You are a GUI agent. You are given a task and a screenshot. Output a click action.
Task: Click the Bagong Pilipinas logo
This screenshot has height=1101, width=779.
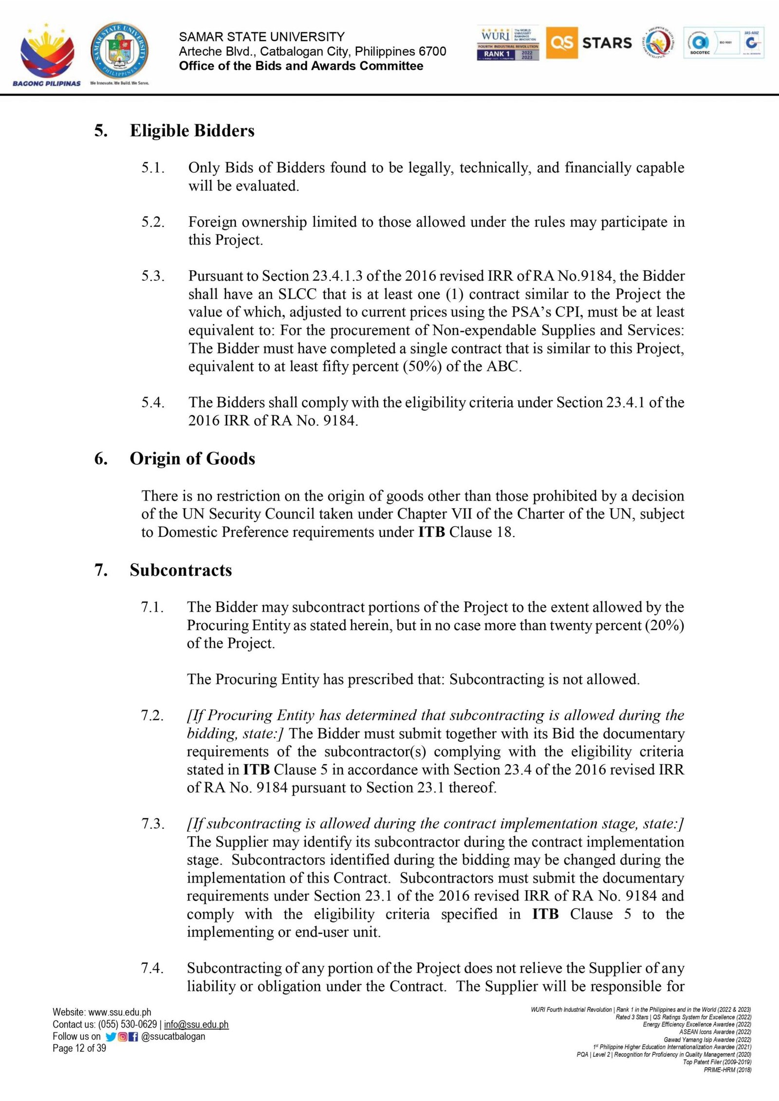pos(47,54)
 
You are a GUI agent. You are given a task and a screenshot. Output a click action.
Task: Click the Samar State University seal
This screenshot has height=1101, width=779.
pos(119,52)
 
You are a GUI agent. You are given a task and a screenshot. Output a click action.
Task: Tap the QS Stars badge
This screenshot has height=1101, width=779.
pos(590,43)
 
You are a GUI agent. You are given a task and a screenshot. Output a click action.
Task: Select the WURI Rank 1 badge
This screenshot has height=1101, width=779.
pos(508,43)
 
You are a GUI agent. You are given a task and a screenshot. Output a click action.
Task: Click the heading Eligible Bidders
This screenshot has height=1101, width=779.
pos(192,130)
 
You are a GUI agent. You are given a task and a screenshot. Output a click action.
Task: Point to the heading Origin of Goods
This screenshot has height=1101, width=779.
pos(192,459)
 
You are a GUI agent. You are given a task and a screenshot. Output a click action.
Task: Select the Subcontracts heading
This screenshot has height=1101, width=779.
pos(181,570)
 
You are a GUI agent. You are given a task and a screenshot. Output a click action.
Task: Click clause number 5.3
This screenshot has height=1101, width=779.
pos(153,276)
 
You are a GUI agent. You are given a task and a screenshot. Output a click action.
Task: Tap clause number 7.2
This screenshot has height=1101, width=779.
pos(152,715)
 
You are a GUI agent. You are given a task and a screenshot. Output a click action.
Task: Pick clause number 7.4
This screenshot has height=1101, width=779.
pos(152,968)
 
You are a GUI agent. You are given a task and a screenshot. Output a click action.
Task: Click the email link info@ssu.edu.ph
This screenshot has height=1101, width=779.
pos(196,1025)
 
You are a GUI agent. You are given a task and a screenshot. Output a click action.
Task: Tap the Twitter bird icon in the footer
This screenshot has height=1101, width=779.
pos(111,1036)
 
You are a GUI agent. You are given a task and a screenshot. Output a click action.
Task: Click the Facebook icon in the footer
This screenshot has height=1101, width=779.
pos(133,1036)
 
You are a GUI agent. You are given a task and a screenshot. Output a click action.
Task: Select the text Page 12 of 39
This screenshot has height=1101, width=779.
pos(79,1048)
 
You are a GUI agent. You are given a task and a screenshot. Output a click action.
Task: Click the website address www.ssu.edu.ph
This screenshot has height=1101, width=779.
pos(120,1012)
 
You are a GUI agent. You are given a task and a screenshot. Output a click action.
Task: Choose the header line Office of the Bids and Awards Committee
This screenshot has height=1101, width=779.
pos(301,66)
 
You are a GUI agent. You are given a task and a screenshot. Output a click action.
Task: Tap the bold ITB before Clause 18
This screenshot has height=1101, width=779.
pos(431,532)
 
